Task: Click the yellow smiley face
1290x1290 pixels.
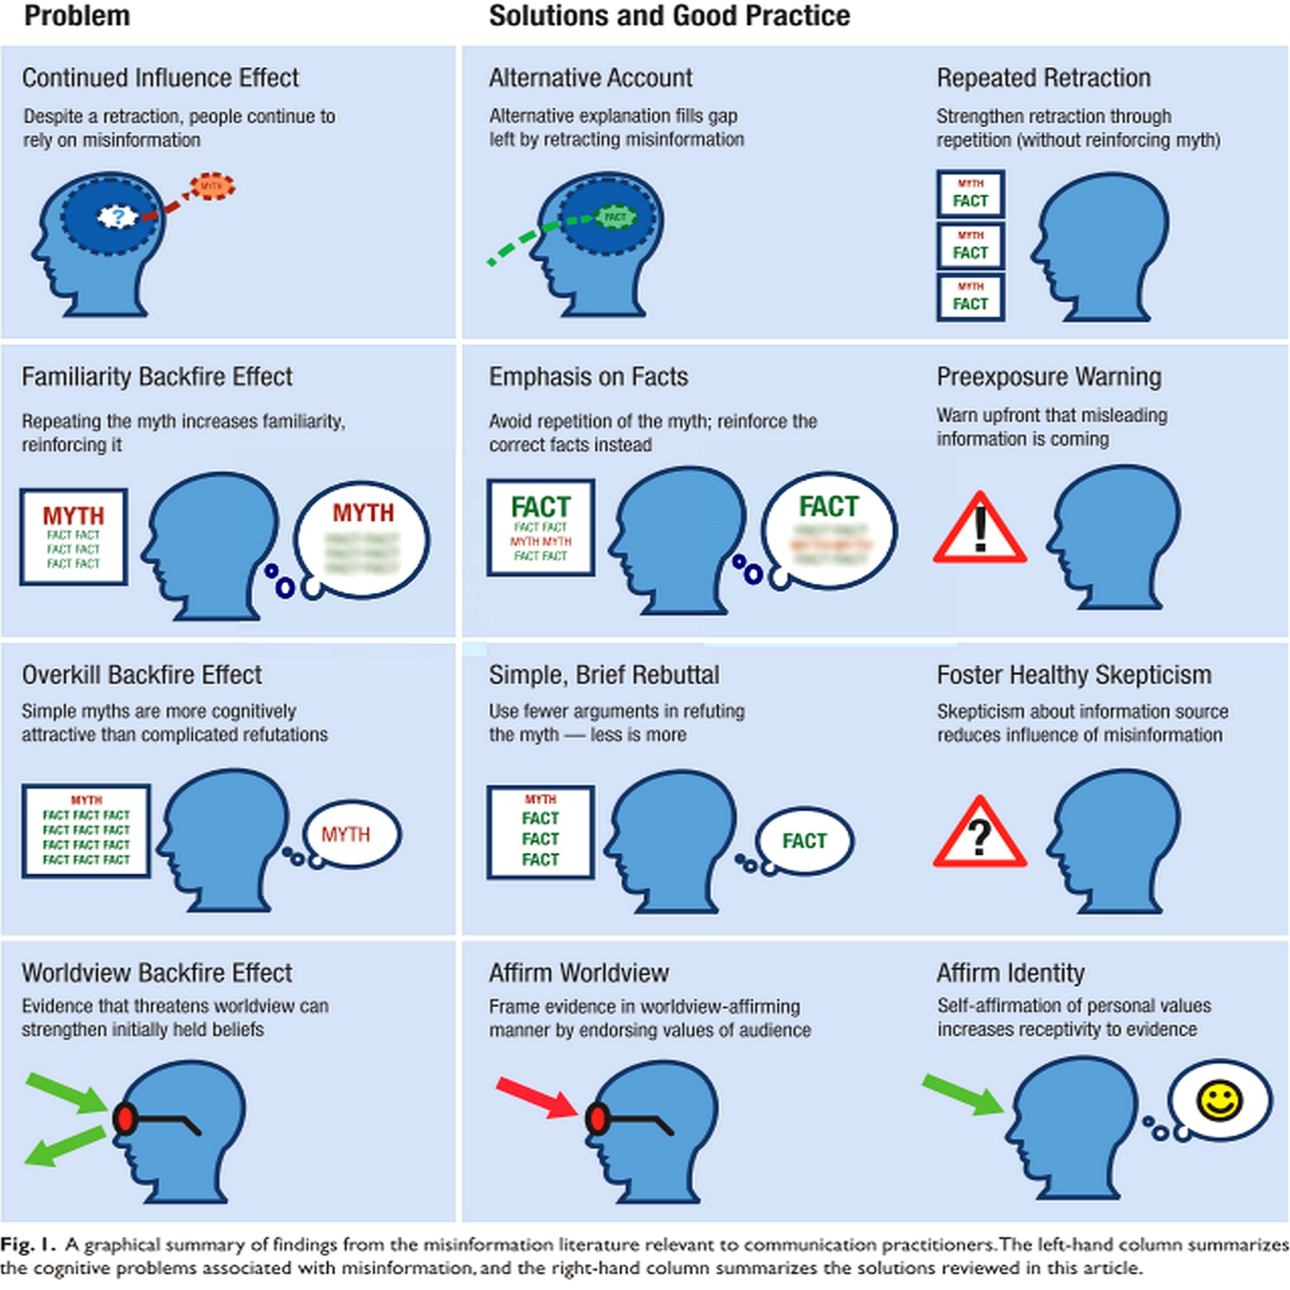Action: click(x=1219, y=1100)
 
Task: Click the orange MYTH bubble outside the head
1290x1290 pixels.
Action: click(x=212, y=186)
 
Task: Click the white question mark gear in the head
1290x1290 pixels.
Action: click(x=118, y=216)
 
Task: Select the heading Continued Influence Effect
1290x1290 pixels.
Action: click(x=160, y=78)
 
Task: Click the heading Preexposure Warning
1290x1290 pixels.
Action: click(x=1048, y=377)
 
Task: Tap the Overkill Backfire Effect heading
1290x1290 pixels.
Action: click(x=142, y=675)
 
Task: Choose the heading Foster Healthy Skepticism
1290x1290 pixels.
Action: click(x=1074, y=675)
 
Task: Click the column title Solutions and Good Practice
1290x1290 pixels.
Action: click(x=669, y=16)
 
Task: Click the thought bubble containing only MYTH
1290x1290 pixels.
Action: click(x=352, y=835)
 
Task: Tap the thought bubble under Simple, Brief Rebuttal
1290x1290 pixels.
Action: click(x=804, y=841)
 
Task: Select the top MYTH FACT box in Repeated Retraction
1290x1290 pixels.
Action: click(x=970, y=193)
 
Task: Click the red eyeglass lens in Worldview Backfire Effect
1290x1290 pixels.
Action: click(x=125, y=1120)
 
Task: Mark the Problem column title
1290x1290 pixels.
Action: click(x=77, y=16)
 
